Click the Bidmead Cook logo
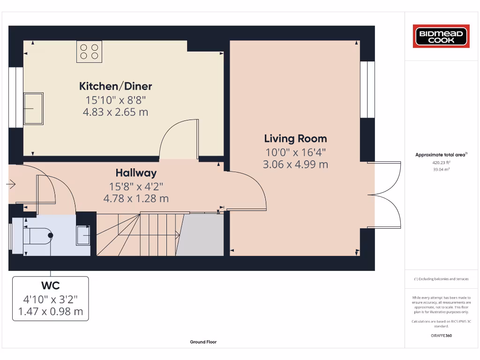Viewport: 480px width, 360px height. pyautogui.click(x=441, y=37)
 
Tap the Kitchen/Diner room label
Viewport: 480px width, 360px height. pyautogui.click(x=115, y=86)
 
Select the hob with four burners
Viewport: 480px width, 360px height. pyautogui.click(x=90, y=52)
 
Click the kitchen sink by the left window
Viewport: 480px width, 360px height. pyautogui.click(x=34, y=108)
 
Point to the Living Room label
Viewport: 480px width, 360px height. pyautogui.click(x=295, y=139)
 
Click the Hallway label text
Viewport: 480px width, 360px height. pyautogui.click(x=136, y=173)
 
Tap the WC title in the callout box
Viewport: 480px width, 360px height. pyautogui.click(x=50, y=285)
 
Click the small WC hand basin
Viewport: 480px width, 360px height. pyautogui.click(x=83, y=235)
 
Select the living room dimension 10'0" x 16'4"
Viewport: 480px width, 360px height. pyautogui.click(x=295, y=152)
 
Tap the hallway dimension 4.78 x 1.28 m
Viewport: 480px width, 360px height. pyautogui.click(x=136, y=199)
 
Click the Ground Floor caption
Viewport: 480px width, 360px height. pyautogui.click(x=203, y=342)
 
